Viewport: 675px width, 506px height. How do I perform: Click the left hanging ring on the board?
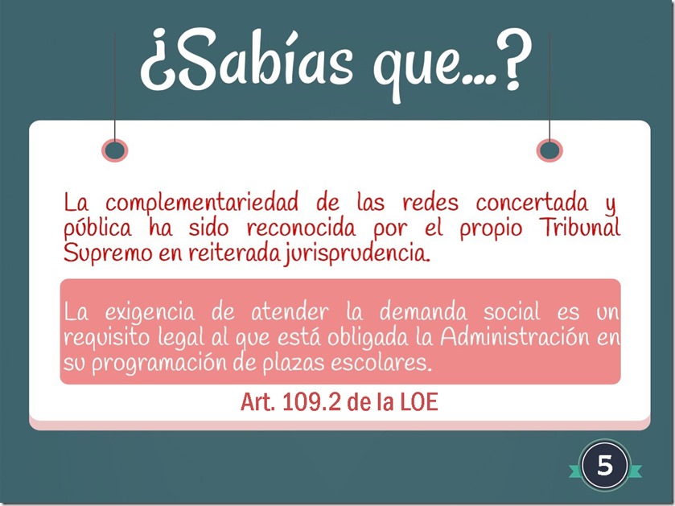coord(116,150)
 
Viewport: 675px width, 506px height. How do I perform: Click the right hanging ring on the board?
coord(549,150)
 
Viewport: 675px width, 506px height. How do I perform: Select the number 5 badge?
coord(605,465)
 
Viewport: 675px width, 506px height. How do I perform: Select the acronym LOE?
coord(419,402)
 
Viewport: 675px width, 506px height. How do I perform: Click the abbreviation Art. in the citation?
coord(257,402)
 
